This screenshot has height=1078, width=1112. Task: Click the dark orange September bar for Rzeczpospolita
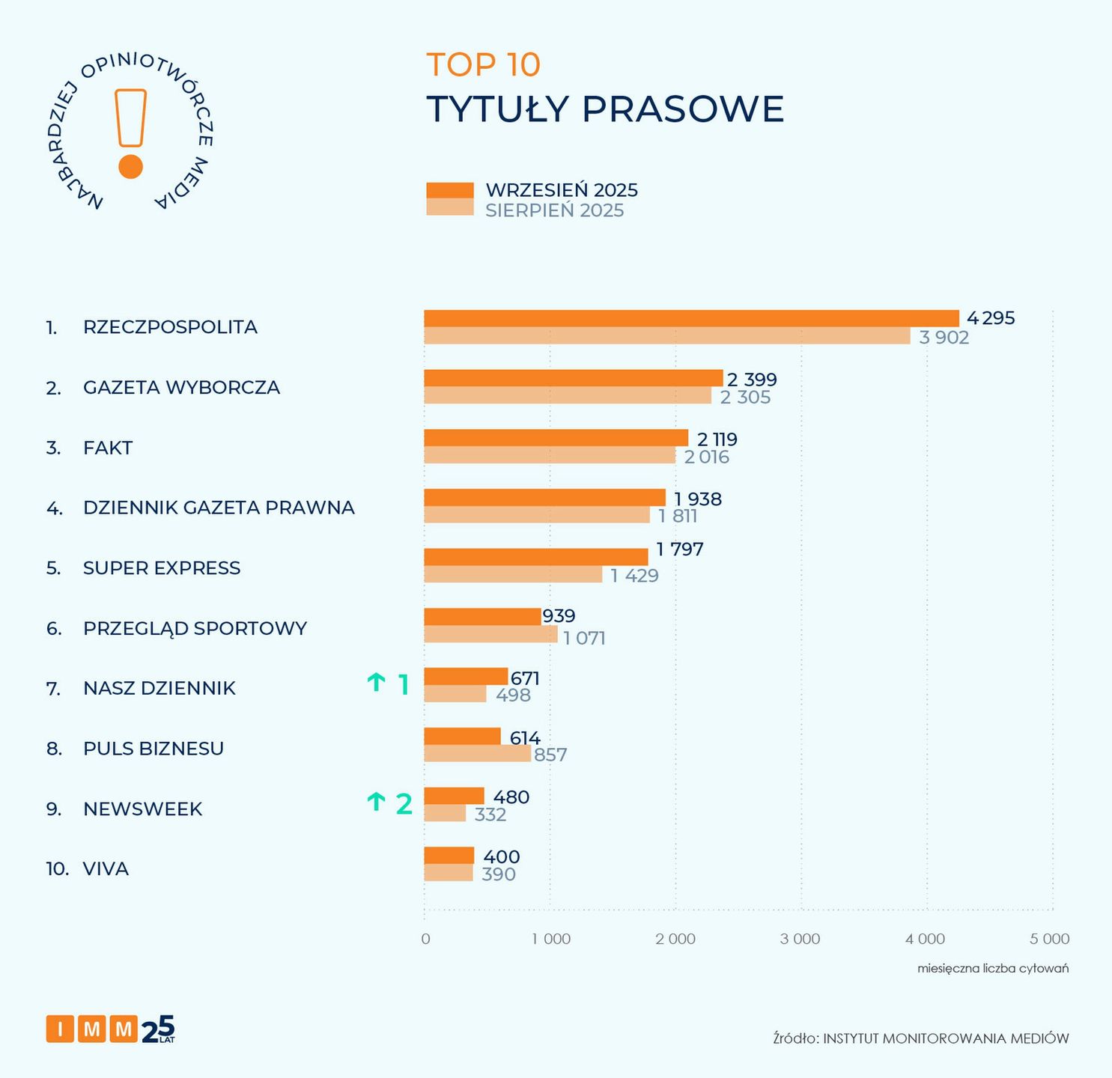click(x=690, y=318)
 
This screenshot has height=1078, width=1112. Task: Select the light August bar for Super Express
click(x=513, y=574)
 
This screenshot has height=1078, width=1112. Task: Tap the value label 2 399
click(x=752, y=379)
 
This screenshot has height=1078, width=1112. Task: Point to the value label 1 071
click(x=584, y=638)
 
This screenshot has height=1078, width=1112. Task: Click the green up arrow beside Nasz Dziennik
click(x=376, y=683)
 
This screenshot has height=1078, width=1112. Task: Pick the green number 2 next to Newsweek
click(x=404, y=803)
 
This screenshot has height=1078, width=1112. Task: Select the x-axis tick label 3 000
click(x=800, y=939)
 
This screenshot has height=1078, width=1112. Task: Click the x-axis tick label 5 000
click(x=1050, y=939)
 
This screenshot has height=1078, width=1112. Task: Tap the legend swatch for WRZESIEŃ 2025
click(x=449, y=190)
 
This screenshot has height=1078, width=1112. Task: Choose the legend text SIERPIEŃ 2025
click(x=554, y=210)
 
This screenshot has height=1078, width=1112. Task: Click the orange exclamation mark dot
click(x=130, y=167)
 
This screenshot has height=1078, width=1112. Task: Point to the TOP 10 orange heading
click(x=483, y=64)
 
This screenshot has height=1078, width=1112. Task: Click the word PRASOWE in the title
click(x=682, y=109)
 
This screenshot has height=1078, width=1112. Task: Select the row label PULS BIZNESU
click(x=154, y=748)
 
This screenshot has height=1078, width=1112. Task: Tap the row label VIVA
click(x=106, y=868)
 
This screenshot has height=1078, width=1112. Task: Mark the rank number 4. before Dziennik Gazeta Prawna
click(x=54, y=508)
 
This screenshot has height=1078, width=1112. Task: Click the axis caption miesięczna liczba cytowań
click(x=993, y=968)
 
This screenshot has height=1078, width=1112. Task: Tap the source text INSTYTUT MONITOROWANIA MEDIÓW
click(x=946, y=1038)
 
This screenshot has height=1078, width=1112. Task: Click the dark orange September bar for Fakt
click(x=556, y=438)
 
